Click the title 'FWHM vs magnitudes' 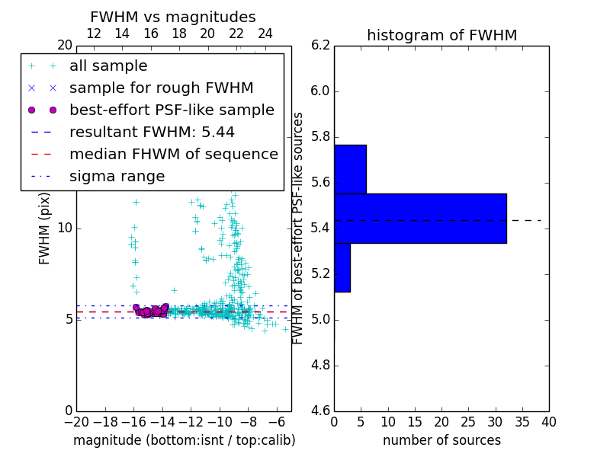pyautogui.click(x=172, y=17)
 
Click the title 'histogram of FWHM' pyautogui.click(x=441, y=35)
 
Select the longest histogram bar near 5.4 pyautogui.click(x=419, y=219)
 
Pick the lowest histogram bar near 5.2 pyautogui.click(x=342, y=267)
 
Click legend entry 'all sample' pyautogui.click(x=108, y=66)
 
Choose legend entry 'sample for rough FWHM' pyautogui.click(x=161, y=88)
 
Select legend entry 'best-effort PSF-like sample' pyautogui.click(x=172, y=110)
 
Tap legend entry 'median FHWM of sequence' pyautogui.click(x=173, y=154)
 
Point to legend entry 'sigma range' pyautogui.click(x=117, y=176)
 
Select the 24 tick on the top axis pyautogui.click(x=265, y=34)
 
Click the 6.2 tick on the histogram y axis pyautogui.click(x=320, y=45)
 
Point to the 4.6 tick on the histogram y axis pyautogui.click(x=320, y=411)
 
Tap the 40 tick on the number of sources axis pyautogui.click(x=548, y=421)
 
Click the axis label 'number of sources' pyautogui.click(x=441, y=440)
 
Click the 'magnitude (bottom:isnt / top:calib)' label pyautogui.click(x=184, y=440)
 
